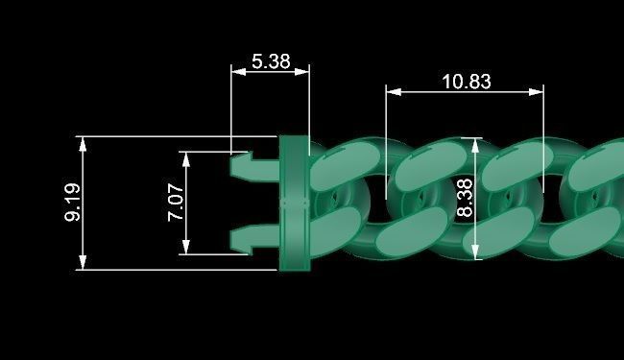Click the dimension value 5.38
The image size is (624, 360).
click(x=270, y=60)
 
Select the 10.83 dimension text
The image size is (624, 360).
click(x=467, y=82)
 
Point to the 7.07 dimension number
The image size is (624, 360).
click(x=176, y=203)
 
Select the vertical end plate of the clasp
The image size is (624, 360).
click(x=293, y=203)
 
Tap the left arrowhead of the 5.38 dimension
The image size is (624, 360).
click(x=235, y=70)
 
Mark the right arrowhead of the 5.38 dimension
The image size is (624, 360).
click(x=304, y=70)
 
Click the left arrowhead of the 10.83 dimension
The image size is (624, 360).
click(x=391, y=92)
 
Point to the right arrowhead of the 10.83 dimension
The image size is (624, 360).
click(x=540, y=92)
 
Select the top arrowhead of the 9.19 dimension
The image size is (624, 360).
click(x=84, y=141)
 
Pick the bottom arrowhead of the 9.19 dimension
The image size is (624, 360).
click(x=84, y=265)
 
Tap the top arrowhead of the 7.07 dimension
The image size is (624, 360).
click(x=186, y=156)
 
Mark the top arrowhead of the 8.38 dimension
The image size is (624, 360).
click(x=476, y=143)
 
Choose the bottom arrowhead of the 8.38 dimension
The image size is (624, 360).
click(x=476, y=254)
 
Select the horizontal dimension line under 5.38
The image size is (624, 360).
click(x=270, y=70)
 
